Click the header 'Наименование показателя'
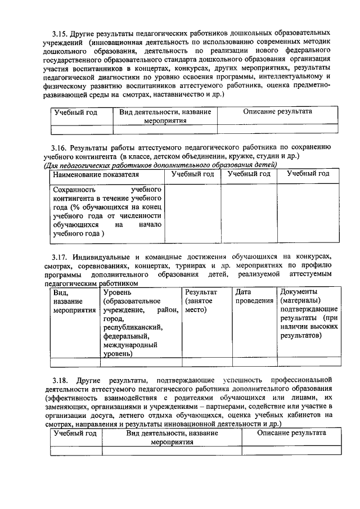[x=88, y=174]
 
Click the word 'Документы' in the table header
[x=299, y=292]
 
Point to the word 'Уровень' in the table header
[x=118, y=292]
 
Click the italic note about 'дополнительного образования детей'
[x=160, y=165]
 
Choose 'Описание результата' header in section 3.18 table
[x=291, y=433]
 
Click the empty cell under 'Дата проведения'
[x=254, y=362]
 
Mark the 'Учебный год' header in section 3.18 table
[x=75, y=433]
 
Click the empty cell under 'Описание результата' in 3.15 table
[x=277, y=129]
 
